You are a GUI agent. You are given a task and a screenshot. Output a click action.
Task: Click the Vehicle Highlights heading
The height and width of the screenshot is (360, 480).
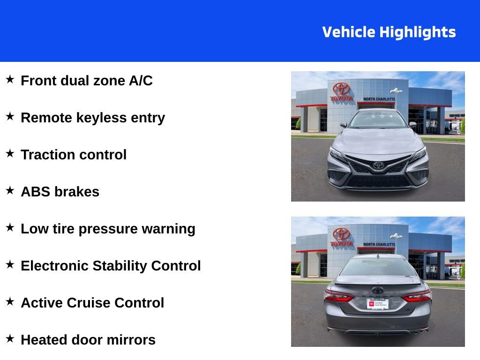point(389,32)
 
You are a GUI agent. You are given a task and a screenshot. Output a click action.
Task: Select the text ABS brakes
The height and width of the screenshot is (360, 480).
point(60,192)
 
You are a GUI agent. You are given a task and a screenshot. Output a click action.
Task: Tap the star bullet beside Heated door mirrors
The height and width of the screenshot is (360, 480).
point(10,338)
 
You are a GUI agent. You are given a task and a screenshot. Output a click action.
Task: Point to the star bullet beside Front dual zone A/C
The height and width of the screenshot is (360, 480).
point(10,79)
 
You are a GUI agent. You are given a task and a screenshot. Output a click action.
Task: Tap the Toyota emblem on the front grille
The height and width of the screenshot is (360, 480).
point(378,165)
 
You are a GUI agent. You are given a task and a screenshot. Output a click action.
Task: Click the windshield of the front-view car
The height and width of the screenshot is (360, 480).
point(378,120)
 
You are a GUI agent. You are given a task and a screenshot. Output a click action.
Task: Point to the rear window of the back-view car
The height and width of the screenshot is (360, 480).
point(378,267)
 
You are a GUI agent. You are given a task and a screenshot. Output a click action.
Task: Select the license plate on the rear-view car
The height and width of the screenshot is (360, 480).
point(378,304)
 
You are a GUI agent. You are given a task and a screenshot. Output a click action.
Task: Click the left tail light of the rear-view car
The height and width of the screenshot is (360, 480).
point(338,296)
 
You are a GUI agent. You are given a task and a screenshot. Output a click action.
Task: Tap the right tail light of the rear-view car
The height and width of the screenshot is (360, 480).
point(417,296)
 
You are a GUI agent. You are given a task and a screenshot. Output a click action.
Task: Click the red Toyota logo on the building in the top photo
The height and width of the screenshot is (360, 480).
point(342,89)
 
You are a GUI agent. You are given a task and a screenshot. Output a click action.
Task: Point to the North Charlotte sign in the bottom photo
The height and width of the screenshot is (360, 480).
point(379,244)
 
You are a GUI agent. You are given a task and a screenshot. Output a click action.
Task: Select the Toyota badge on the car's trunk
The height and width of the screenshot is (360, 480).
point(378,290)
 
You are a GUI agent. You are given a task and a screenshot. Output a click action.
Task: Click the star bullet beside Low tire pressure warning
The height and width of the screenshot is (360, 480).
point(10,227)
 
